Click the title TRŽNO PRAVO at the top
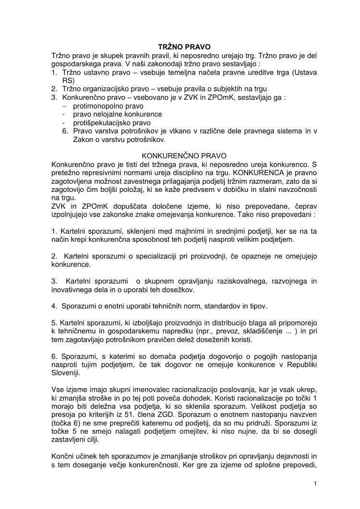(184, 47)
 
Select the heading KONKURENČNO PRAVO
(184, 156)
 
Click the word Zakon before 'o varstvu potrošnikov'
(73, 140)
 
